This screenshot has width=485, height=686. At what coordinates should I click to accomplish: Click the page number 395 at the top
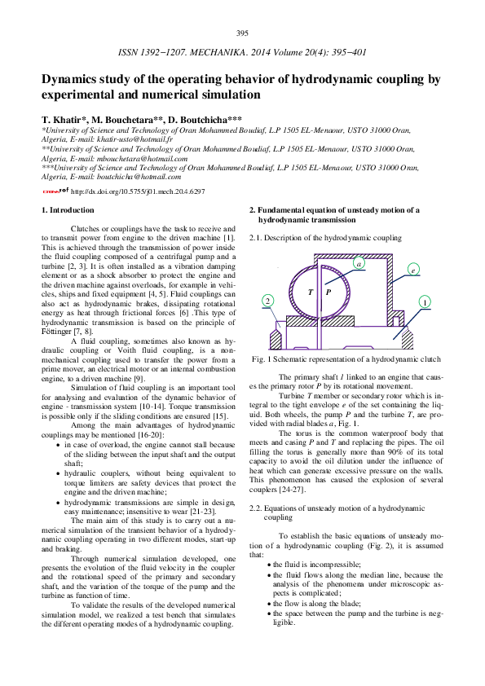point(242,33)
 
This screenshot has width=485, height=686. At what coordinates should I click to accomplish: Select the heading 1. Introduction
point(67,210)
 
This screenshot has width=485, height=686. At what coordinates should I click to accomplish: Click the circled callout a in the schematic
point(358,263)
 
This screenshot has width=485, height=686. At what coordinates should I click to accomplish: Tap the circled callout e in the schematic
point(413,269)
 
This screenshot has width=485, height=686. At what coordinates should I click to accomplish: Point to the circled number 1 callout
point(425,301)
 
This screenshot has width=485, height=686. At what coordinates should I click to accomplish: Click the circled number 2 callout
point(267,301)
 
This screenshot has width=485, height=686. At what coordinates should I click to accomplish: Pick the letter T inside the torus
point(311,291)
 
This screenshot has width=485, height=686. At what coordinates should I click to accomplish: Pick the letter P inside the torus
point(328,291)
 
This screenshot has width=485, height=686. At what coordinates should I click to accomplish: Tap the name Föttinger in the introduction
point(56,331)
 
